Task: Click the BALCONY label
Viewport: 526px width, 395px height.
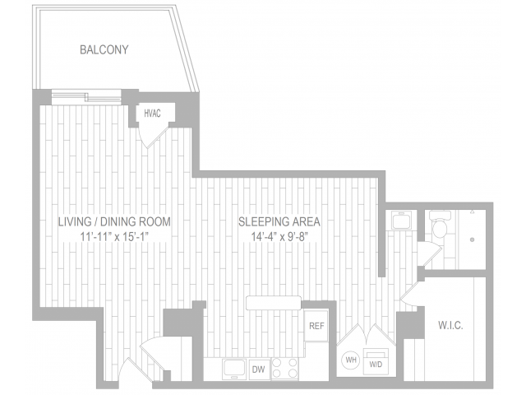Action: click(104, 50)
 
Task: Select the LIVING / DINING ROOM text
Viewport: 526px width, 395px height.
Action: click(114, 222)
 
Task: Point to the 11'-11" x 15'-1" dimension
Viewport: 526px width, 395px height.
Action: click(114, 237)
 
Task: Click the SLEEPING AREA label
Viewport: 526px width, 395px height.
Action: click(279, 222)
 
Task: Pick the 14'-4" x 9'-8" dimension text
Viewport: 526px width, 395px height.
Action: click(279, 237)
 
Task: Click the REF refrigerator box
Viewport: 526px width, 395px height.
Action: click(316, 326)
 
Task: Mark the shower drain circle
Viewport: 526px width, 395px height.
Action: click(473, 239)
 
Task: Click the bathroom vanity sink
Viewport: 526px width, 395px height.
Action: click(402, 221)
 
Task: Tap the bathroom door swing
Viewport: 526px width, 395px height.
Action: click(427, 254)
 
